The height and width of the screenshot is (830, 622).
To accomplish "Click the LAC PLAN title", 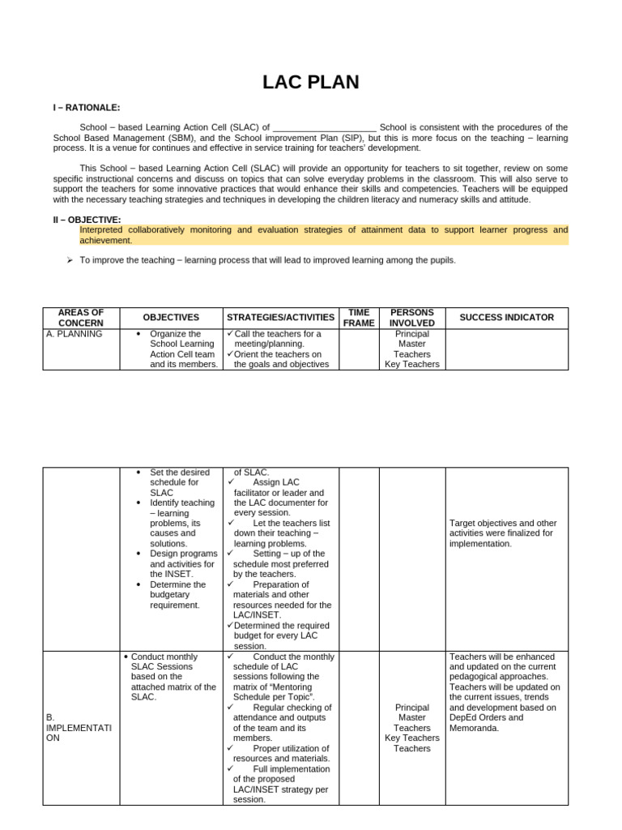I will [310, 83].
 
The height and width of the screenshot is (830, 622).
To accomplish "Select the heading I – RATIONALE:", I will [87, 108].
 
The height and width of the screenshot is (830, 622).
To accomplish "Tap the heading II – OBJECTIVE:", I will [87, 220].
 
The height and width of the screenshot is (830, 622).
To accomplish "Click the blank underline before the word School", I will [324, 128].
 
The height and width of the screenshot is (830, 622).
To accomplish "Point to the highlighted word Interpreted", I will [104, 230].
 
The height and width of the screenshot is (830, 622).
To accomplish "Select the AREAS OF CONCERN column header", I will [80, 318].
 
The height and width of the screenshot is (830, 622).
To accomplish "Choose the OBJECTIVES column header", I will [171, 318].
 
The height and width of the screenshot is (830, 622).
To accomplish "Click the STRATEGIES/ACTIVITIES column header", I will [280, 318].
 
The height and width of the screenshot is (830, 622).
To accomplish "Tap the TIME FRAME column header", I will [358, 318].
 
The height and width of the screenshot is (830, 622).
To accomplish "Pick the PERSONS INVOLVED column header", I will [411, 318].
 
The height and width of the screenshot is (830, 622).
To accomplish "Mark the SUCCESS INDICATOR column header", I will [506, 318].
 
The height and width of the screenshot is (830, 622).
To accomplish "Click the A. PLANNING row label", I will [75, 334].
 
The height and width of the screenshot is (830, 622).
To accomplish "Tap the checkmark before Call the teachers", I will [230, 334].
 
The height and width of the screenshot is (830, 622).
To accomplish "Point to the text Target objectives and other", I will [503, 524].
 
